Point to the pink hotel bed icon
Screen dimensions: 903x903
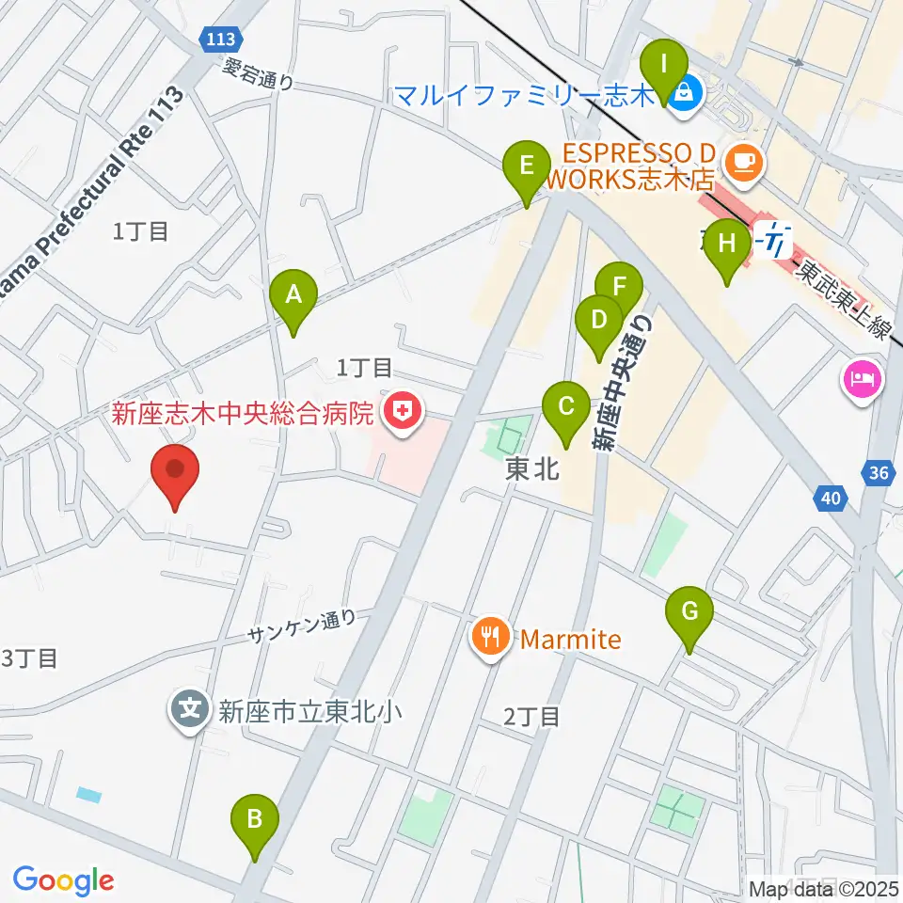(864, 380)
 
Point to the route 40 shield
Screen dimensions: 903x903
(829, 499)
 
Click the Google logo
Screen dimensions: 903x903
(62, 879)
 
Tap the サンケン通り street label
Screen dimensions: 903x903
(304, 626)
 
